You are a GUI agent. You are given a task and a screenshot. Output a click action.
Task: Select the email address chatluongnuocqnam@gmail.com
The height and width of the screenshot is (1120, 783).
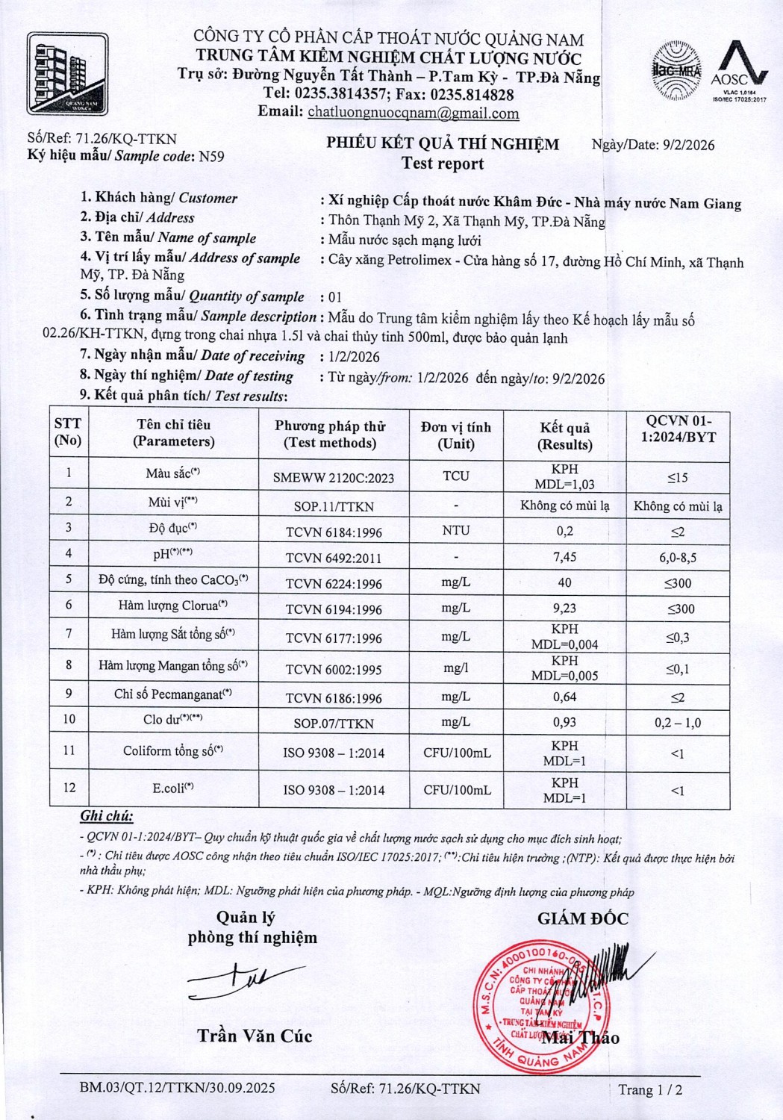413,113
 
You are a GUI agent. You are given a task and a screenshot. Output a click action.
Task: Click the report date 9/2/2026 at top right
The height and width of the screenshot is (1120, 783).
688,145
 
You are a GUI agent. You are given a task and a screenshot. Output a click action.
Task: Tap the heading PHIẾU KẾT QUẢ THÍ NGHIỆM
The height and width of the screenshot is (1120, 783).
443,144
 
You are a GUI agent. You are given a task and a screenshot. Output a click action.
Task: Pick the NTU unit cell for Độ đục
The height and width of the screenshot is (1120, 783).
455,530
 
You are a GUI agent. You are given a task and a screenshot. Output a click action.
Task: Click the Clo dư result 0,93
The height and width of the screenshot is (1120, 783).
564,723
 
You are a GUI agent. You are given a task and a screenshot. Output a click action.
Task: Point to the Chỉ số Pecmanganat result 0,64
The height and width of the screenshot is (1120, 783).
564,697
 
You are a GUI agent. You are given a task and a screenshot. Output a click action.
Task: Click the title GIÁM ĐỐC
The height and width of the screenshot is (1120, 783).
583,919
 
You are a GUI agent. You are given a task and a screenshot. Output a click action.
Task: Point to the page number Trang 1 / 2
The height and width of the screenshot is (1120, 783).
650,1090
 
